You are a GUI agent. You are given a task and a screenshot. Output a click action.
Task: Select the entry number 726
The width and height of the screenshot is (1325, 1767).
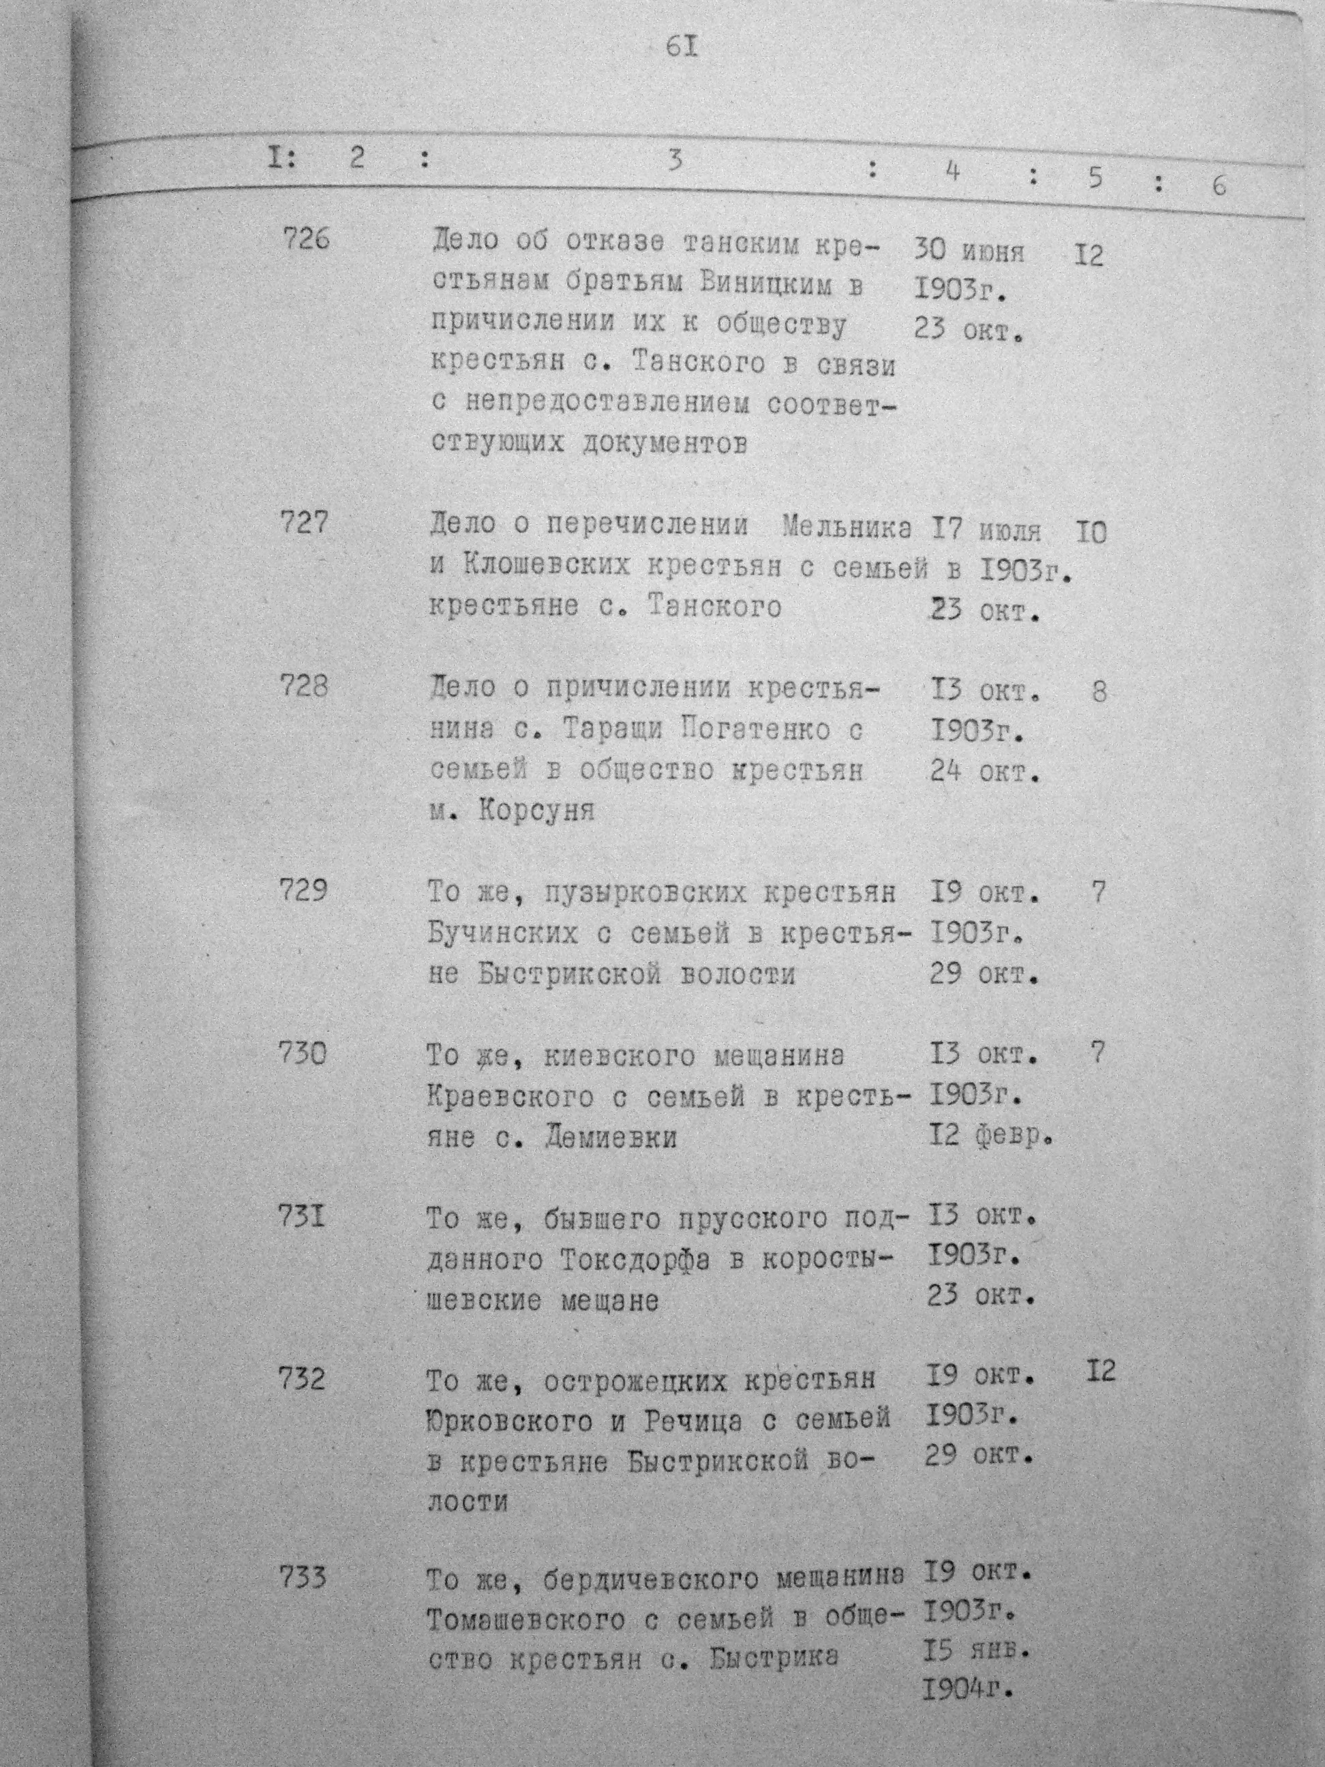306,238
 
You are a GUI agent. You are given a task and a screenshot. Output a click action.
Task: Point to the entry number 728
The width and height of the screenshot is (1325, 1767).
303,686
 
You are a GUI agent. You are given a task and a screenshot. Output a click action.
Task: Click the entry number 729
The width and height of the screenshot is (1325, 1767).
303,889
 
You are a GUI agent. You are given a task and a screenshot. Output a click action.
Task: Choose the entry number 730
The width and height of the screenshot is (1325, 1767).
303,1055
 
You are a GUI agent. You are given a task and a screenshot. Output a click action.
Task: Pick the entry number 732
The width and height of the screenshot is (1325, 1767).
301,1380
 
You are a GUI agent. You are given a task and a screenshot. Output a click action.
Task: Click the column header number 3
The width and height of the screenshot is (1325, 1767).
675,162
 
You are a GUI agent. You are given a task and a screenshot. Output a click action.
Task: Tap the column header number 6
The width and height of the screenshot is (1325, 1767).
1218,185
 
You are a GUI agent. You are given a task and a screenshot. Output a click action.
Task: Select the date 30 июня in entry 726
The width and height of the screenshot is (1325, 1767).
968,252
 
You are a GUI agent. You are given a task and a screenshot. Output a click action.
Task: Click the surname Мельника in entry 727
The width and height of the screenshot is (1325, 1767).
847,526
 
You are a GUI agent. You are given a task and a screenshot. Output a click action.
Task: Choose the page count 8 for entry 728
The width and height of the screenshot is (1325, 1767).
1099,692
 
